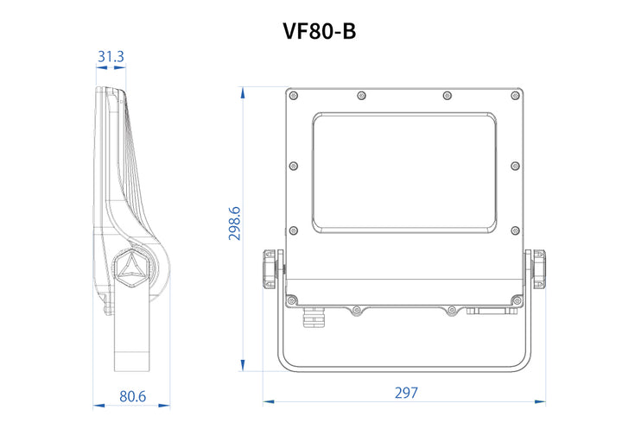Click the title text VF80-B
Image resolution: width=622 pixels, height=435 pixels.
pos(320,32)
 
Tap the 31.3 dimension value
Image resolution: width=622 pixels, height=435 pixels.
pos(111,58)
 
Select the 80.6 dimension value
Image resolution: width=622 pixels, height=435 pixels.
pos(132,396)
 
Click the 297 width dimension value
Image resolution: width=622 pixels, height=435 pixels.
pos(406,393)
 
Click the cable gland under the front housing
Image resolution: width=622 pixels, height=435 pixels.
pos(312,319)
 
